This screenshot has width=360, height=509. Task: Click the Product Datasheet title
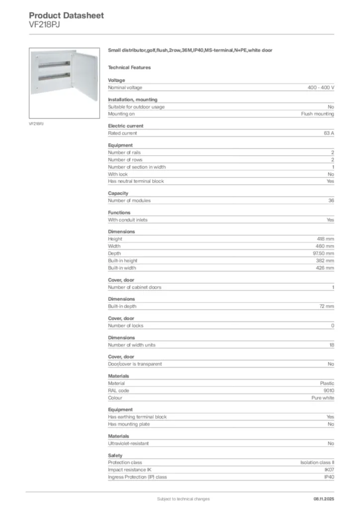(66, 15)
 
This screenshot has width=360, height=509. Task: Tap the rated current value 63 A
(328, 133)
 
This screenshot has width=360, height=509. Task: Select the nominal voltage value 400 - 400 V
(321, 87)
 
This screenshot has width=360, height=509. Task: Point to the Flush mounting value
(318, 114)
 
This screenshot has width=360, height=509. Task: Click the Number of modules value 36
(331, 200)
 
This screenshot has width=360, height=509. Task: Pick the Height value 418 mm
(326, 239)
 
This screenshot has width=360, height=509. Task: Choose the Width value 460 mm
(326, 246)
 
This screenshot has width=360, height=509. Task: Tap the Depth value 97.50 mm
(323, 254)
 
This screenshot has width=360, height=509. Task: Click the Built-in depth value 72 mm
(327, 306)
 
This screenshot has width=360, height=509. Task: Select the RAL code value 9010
(329, 391)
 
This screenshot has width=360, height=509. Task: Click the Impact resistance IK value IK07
(329, 470)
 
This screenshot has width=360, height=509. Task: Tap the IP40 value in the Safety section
(329, 477)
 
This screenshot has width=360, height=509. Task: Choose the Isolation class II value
(318, 462)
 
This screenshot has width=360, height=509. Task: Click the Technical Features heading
(129, 68)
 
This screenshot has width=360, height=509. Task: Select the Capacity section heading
(118, 193)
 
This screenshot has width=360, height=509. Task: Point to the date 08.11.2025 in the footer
(324, 499)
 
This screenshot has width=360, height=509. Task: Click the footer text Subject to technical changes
(183, 499)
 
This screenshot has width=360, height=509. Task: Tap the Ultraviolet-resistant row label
(128, 443)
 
